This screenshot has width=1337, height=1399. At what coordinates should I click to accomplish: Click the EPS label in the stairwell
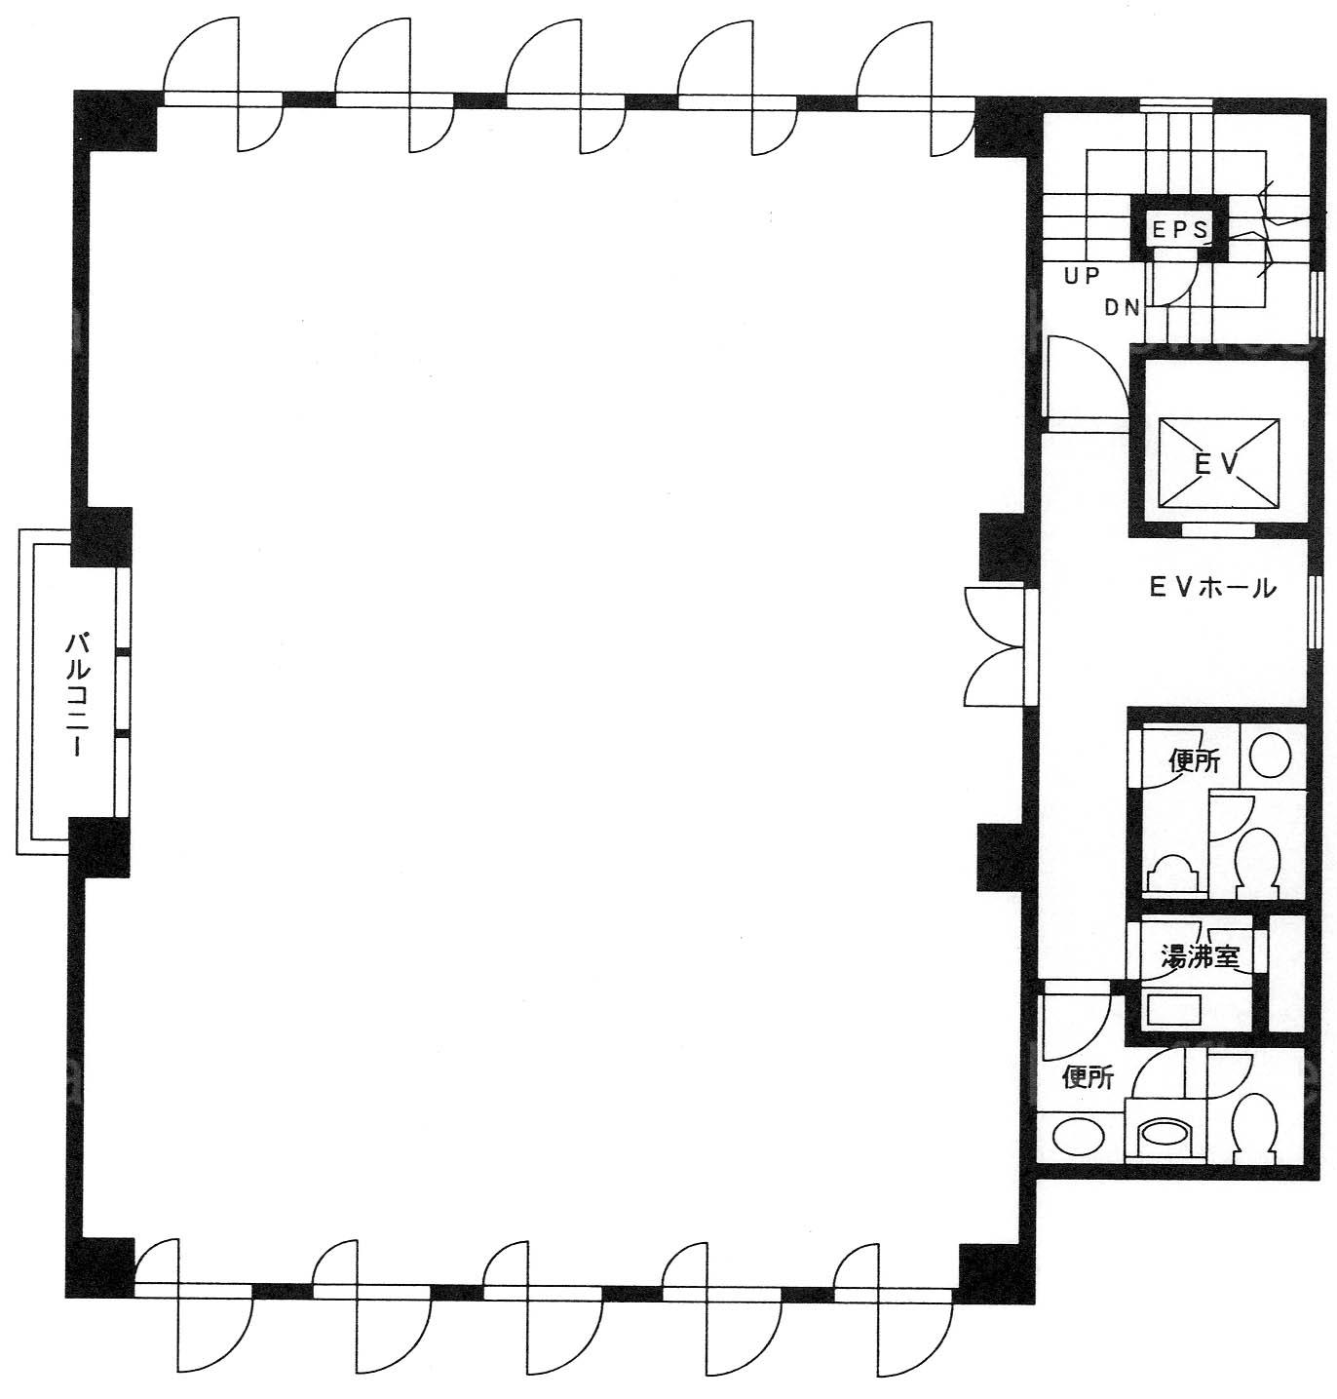[x=1180, y=229]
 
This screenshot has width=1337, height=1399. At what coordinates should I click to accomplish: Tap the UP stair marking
[x=1083, y=276]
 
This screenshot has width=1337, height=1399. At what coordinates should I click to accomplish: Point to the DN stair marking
[x=1123, y=308]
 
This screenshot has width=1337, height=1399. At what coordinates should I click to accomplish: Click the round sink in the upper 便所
[x=1270, y=755]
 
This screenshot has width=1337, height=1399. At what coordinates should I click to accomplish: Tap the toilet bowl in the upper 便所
[x=1259, y=863]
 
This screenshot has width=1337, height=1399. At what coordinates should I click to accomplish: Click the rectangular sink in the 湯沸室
[x=1173, y=1009]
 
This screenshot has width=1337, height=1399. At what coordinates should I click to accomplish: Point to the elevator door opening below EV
[x=1218, y=529]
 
